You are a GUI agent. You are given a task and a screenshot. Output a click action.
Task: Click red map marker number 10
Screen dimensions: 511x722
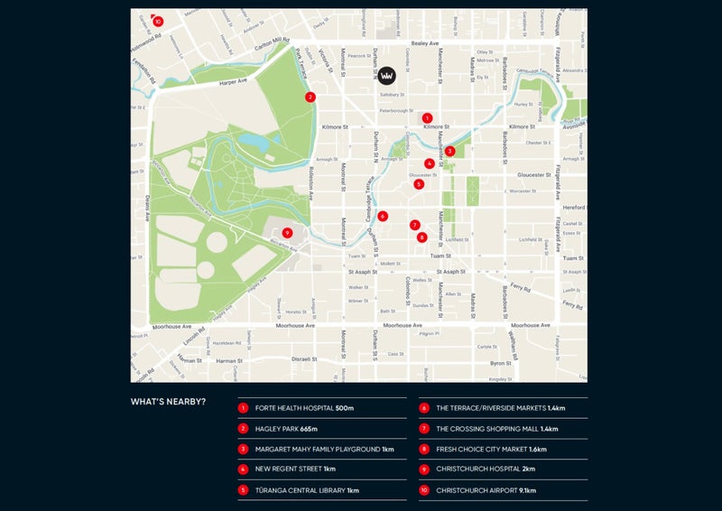tap(158, 21)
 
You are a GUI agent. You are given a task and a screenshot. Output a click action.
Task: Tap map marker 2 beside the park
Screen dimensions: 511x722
tap(310, 97)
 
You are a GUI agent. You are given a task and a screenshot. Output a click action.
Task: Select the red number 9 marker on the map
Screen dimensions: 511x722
tap(287, 232)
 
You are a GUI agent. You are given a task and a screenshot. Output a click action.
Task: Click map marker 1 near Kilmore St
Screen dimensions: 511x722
tap(427, 117)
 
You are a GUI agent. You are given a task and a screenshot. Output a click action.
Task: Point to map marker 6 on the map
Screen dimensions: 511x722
tap(383, 216)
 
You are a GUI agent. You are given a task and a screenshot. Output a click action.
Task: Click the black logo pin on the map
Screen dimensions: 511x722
tap(387, 76)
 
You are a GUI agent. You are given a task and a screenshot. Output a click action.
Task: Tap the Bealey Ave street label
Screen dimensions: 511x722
tap(423, 43)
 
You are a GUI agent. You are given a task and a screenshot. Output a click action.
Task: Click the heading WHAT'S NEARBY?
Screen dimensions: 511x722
tap(168, 402)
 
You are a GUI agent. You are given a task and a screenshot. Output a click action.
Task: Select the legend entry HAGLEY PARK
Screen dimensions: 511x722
tap(280, 429)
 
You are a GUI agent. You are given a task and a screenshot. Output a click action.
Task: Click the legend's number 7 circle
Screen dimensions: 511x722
tap(424, 429)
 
